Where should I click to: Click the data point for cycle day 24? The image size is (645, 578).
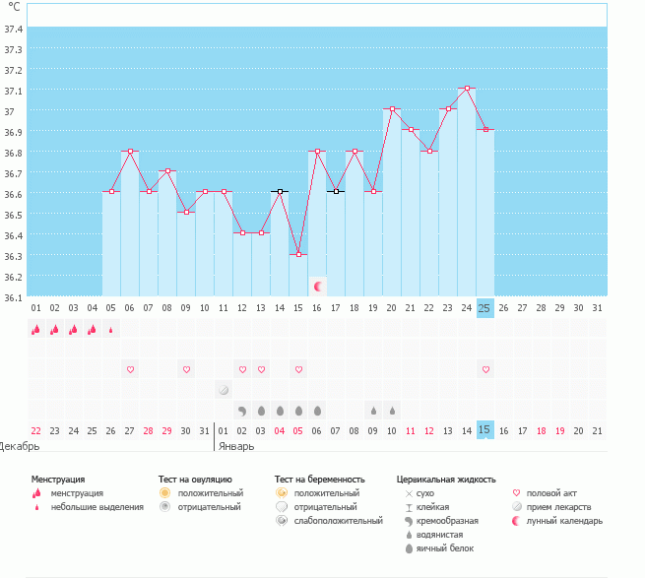tap(467, 88)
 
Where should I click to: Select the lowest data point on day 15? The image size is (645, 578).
tap(299, 255)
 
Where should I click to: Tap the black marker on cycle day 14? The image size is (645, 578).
tap(280, 192)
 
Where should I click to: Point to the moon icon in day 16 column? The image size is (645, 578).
tap(317, 287)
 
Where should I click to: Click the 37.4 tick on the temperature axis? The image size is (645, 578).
tap(13, 30)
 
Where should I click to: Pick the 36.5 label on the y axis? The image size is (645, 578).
tap(13, 216)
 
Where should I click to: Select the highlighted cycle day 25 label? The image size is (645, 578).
tap(485, 308)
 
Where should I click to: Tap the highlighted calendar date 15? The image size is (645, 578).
tap(485, 430)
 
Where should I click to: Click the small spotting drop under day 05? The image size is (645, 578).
tap(110, 330)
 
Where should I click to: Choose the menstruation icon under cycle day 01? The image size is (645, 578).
tap(36, 329)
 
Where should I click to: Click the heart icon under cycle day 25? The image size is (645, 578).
tap(485, 369)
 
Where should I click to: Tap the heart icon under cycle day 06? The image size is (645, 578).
tap(130, 369)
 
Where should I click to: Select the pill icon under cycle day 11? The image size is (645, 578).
tap(224, 390)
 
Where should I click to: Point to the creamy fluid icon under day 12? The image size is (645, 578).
tap(242, 411)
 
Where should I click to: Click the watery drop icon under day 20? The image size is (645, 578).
tap(393, 411)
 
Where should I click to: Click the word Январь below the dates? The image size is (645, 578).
tap(236, 446)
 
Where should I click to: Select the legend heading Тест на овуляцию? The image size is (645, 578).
tap(195, 480)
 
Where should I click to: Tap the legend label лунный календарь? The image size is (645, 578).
tap(564, 521)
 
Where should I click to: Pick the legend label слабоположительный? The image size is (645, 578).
tap(338, 521)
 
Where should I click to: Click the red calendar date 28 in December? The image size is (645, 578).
tap(148, 430)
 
